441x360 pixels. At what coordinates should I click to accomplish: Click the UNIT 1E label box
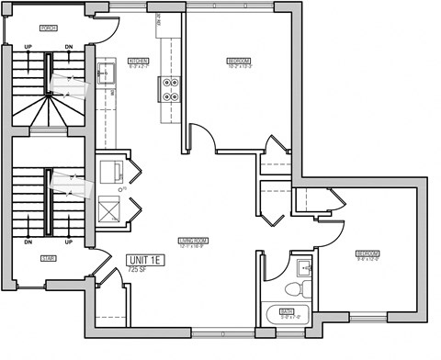pos(146,261)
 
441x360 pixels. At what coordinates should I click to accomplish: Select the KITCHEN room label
pos(138,62)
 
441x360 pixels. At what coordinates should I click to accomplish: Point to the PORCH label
pos(48,28)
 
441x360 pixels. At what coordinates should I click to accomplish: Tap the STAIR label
pos(49,260)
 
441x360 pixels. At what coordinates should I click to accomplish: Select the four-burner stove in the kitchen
pos(172,87)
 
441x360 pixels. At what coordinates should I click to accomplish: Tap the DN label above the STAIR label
pos(28,243)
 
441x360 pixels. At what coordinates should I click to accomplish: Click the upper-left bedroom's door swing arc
pos(204,138)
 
